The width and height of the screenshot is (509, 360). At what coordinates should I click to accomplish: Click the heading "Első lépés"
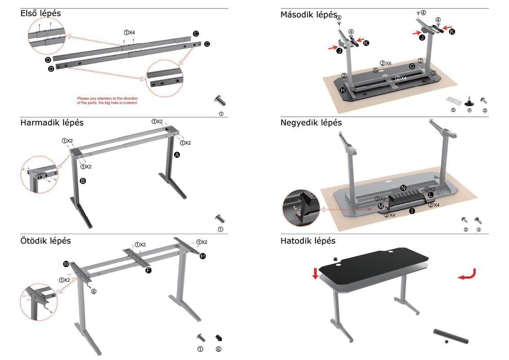pos(40,13)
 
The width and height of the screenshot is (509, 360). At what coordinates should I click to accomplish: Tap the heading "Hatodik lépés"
pos(308,241)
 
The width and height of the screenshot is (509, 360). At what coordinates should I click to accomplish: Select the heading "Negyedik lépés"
pos(311,123)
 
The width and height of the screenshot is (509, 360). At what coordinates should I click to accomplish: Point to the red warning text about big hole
pos(107,100)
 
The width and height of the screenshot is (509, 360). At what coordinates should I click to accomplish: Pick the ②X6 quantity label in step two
pos(386,63)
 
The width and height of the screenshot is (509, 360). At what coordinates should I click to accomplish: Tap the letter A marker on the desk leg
pos(177,155)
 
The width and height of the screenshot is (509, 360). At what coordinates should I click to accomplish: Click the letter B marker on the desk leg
pos(83,181)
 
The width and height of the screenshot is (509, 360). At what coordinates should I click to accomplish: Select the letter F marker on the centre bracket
pos(148,270)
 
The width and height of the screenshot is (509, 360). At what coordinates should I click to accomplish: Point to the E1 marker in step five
pos(203,256)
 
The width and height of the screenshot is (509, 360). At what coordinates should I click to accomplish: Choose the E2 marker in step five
pos(66,263)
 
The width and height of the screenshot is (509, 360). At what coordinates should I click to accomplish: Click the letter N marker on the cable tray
pos(403,187)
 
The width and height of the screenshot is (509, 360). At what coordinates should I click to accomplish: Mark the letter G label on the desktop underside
pos(412,67)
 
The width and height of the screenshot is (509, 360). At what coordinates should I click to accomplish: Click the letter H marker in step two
pos(343,90)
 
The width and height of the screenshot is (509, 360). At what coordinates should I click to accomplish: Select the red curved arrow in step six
pos(467,274)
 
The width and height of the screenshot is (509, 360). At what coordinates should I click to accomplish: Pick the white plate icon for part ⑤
pos(453,98)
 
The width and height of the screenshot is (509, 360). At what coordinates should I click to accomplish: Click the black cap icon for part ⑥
pos(219,337)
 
